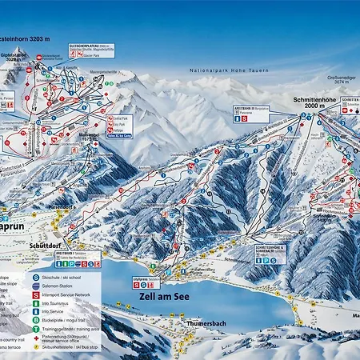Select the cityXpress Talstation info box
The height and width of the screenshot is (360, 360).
145,281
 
